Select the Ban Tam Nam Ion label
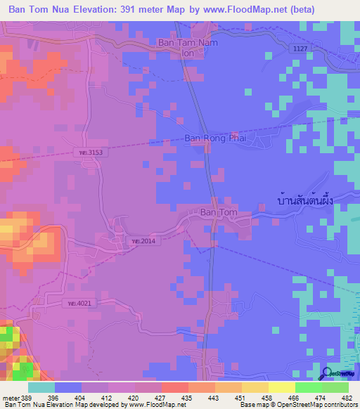(x=188, y=47)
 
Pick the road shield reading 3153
(x=91, y=152)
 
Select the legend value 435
(x=187, y=398)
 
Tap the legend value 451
(x=239, y=398)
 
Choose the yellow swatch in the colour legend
(x=281, y=387)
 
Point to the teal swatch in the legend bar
(x=41, y=387)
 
